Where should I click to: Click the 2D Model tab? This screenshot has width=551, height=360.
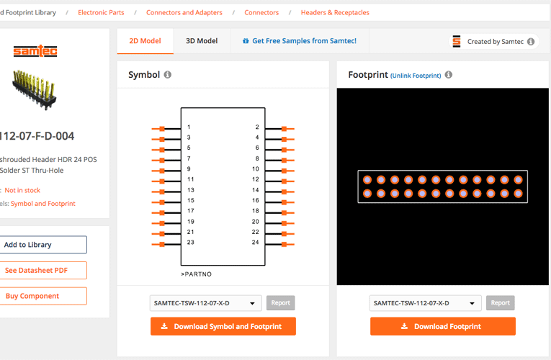(145, 41)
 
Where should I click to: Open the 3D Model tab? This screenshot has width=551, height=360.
(202, 41)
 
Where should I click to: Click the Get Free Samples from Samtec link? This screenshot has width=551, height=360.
(299, 41)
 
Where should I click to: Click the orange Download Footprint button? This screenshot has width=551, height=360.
(443, 326)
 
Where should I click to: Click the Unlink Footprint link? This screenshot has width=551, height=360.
(416, 76)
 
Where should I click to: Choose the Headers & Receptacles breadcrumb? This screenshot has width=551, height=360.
(335, 12)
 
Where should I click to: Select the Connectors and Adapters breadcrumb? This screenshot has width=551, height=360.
(184, 12)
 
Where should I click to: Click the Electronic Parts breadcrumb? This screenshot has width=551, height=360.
(101, 12)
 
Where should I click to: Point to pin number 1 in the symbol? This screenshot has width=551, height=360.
(189, 127)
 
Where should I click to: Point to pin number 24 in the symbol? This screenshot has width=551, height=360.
(256, 243)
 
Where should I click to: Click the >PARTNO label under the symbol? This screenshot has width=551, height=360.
(196, 274)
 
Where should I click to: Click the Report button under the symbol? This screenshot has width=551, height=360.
(280, 303)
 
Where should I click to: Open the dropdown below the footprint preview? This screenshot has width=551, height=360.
(425, 303)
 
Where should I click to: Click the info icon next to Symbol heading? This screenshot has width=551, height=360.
(168, 75)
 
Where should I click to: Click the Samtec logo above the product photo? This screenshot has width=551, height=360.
(35, 51)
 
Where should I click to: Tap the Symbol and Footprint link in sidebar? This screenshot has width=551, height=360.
(42, 204)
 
